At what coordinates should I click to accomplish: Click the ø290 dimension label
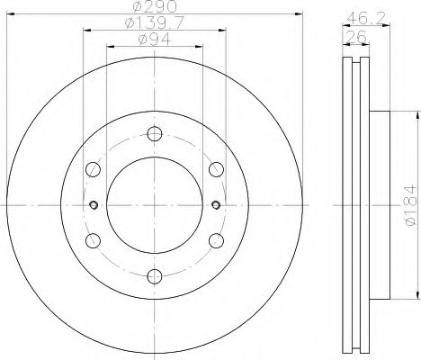155,9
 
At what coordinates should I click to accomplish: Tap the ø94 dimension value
155,40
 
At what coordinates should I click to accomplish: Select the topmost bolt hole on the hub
154,135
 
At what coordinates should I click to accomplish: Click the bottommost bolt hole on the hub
154,274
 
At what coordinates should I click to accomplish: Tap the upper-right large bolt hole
214,169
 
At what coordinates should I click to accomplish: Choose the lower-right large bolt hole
214,239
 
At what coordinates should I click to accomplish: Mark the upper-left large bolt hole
94,169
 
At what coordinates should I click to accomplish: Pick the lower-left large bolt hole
94,239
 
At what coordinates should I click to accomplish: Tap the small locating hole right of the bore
215,204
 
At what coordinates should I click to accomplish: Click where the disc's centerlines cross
154,204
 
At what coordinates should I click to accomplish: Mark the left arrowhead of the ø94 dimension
109,48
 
